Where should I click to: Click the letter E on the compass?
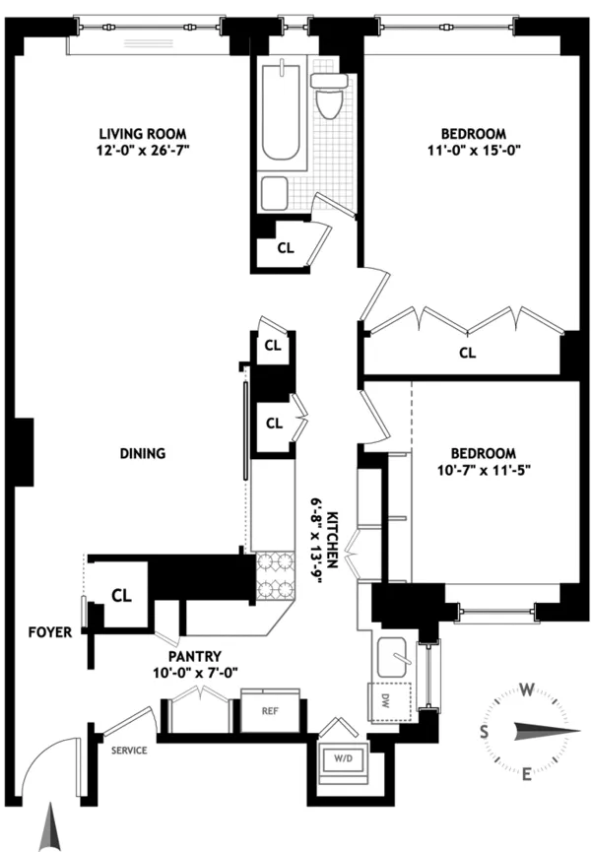point(526,773)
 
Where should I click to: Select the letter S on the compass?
point(485,731)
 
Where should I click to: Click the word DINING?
point(142,454)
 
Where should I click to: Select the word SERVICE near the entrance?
point(128,750)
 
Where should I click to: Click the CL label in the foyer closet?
point(121,595)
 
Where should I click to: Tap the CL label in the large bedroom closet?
point(467,352)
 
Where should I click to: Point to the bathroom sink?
point(275,191)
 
